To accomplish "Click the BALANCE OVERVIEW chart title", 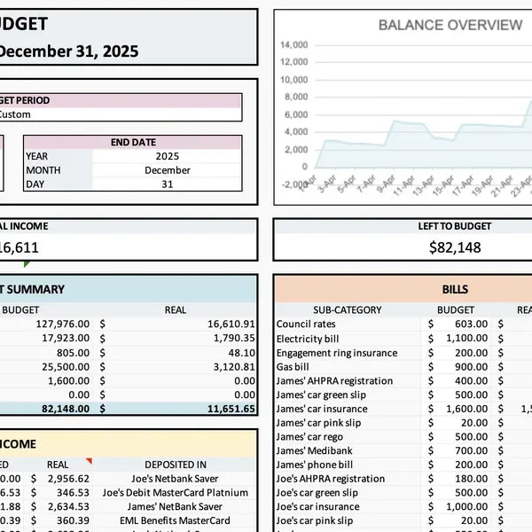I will [x=450, y=25].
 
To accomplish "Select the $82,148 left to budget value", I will [x=455, y=248].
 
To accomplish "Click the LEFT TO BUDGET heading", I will [x=455, y=226].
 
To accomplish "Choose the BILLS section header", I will [x=455, y=289].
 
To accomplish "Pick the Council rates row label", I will [x=306, y=325].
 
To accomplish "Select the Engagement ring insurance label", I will [x=336, y=353].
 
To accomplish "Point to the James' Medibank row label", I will [x=314, y=451].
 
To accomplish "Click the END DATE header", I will [x=133, y=142].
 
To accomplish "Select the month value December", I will [x=167, y=170].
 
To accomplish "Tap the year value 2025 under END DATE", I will [x=167, y=156].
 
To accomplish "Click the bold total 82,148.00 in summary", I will [x=64, y=410].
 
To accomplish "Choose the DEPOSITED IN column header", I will [x=175, y=465].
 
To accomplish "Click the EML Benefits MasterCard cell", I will [x=175, y=521].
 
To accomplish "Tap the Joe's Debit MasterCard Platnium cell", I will [x=175, y=493].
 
